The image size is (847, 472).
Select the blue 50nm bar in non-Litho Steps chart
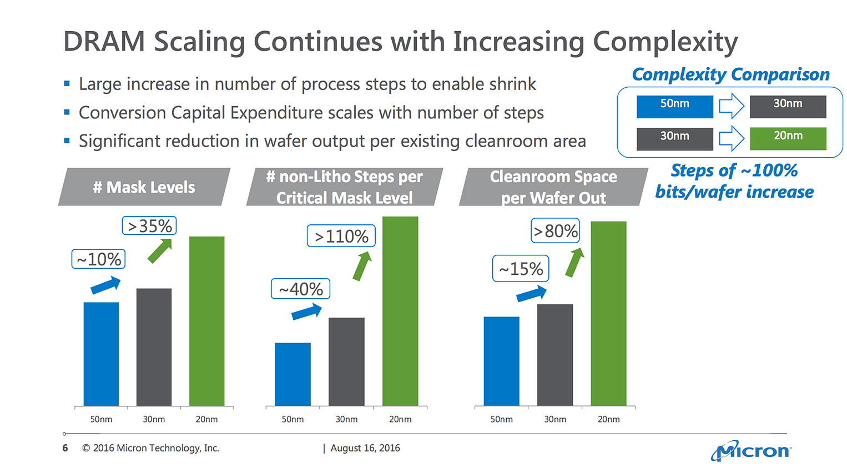coord(293,374)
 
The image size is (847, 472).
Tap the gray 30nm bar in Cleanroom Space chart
coord(554,355)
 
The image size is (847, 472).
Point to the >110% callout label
coord(341,236)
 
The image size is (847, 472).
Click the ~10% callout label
coord(98,259)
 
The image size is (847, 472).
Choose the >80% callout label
coord(555,231)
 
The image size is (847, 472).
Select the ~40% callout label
coord(300,289)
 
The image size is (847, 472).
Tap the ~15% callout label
coord(521,269)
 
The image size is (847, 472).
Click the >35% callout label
coord(149,226)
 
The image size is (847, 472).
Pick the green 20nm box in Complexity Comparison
coord(788,138)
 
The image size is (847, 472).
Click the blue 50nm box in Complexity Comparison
coord(674,107)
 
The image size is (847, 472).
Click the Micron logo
coord(752,450)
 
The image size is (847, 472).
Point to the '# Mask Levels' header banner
coord(144,187)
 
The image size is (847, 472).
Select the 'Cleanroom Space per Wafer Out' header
coord(553,187)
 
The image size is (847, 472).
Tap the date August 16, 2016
coord(365,448)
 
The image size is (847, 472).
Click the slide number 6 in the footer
coord(65,448)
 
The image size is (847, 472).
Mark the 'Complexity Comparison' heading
coord(730,74)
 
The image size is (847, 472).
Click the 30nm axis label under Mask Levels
coord(154,419)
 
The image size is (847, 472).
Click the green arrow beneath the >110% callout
coord(362,266)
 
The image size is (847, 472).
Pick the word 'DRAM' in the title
coord(104,42)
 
